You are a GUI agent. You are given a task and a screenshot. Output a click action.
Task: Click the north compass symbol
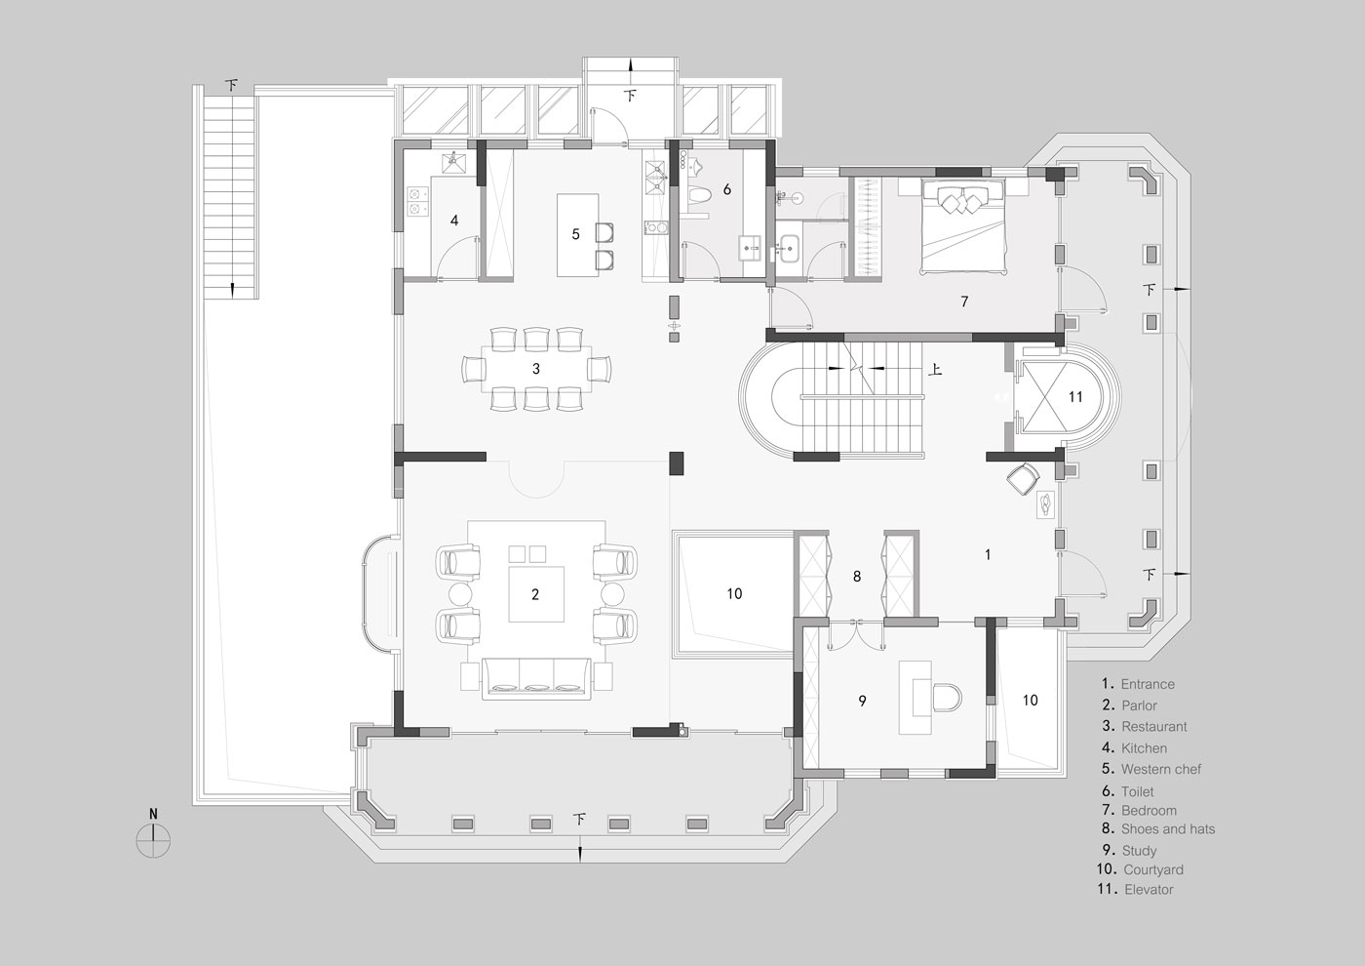[154, 840]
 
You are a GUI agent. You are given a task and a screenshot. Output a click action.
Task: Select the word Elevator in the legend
[1149, 890]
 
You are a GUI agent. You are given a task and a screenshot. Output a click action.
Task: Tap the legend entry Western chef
[1161, 770]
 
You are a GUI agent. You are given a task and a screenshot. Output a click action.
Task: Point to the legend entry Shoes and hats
[1168, 828]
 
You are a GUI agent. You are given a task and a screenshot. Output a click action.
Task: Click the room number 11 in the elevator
[1075, 397]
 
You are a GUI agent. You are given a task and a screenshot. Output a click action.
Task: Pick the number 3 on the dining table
[536, 369]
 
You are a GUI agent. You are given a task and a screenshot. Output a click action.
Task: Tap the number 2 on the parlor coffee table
[535, 594]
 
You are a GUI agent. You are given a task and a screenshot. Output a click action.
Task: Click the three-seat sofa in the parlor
[536, 679]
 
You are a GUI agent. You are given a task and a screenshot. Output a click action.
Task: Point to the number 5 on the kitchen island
[575, 234]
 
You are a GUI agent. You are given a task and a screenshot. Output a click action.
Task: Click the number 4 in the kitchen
[454, 221]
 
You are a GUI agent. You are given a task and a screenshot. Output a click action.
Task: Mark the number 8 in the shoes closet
[857, 577]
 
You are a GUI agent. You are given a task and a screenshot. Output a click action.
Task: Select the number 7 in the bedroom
[964, 302]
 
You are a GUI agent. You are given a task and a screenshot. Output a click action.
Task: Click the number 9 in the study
[862, 702]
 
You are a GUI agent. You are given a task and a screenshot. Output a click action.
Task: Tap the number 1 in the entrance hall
[988, 554]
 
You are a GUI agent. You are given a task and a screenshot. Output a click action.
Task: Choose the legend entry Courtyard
[1152, 869]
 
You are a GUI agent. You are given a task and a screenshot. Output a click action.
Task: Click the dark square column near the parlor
[677, 463]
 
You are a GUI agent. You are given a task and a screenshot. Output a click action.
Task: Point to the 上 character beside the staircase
[935, 369]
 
